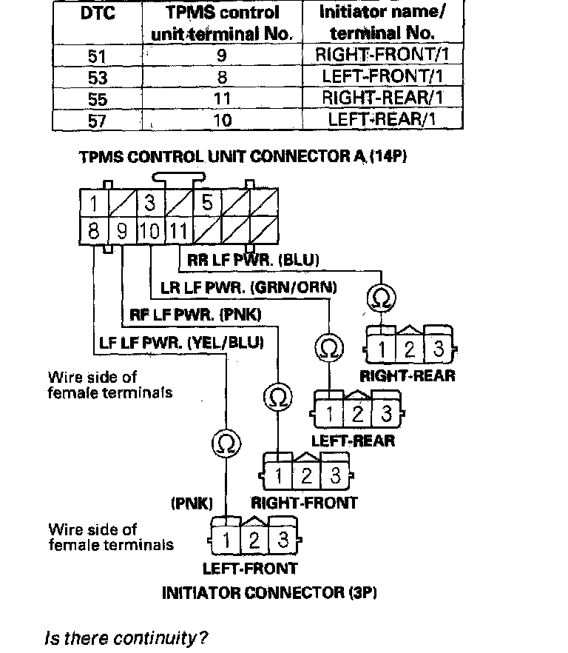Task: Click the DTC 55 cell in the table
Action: pos(97,98)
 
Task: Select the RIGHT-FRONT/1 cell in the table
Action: pos(382,54)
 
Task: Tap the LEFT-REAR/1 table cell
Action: pos(382,119)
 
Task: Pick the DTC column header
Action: pos(97,14)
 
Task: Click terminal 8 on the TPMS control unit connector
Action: pos(94,231)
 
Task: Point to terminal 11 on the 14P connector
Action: pos(177,231)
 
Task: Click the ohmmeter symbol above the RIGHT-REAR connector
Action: pos(381,299)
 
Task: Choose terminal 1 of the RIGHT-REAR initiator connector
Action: pos(380,348)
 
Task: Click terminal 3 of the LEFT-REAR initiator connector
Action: pos(385,413)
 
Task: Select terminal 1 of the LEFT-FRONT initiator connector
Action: pos(226,541)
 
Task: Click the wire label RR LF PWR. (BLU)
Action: pos(253,260)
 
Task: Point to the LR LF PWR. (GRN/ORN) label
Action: pos(248,287)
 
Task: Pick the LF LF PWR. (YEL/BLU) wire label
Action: pos(181,343)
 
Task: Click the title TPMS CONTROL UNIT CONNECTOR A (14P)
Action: pos(243,157)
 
